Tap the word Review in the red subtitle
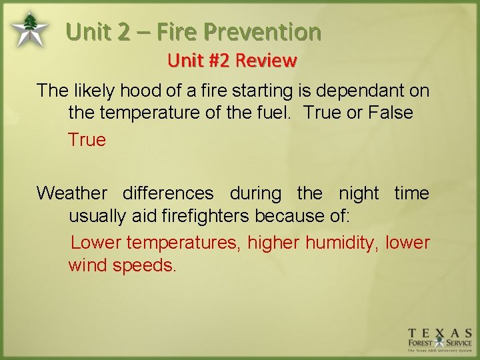click(x=266, y=61)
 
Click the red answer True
click(x=87, y=139)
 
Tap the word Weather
click(x=71, y=193)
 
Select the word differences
click(x=168, y=193)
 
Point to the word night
click(x=358, y=193)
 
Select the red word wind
click(x=88, y=265)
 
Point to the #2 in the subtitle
click(x=219, y=61)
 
